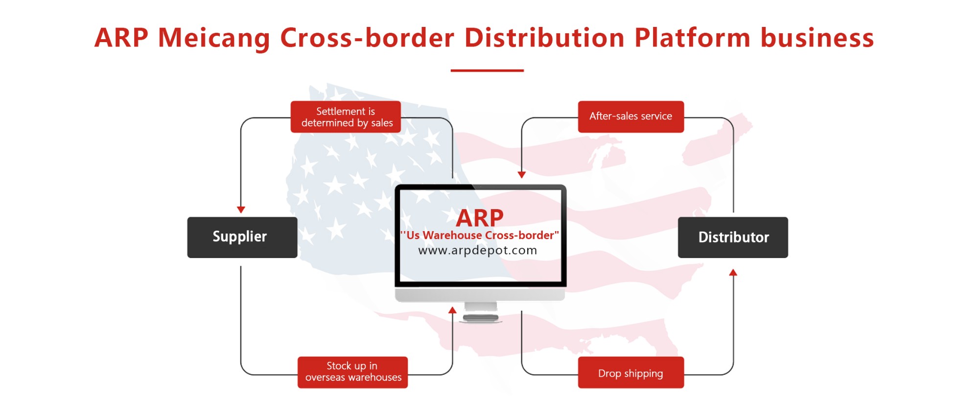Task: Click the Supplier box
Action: pyautogui.click(x=242, y=237)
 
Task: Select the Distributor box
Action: pyautogui.click(x=733, y=237)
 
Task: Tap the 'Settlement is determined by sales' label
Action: pyautogui.click(x=346, y=117)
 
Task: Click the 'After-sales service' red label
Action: pyautogui.click(x=631, y=117)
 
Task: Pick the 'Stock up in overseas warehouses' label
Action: pyautogui.click(x=352, y=372)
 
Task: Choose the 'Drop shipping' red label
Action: pyautogui.click(x=631, y=373)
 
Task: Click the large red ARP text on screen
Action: pyautogui.click(x=480, y=218)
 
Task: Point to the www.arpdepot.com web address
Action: pyautogui.click(x=478, y=250)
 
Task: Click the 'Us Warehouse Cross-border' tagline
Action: pyautogui.click(x=480, y=235)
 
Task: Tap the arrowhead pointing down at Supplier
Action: pyautogui.click(x=241, y=210)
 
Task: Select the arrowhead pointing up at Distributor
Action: pyautogui.click(x=733, y=272)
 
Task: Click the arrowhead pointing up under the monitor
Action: pyautogui.click(x=452, y=310)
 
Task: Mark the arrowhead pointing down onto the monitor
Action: pyautogui.click(x=522, y=174)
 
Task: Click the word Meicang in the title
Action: pyautogui.click(x=214, y=38)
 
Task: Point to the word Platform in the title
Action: pyautogui.click(x=692, y=37)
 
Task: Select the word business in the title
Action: pyautogui.click(x=817, y=37)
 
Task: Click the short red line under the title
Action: pyautogui.click(x=487, y=71)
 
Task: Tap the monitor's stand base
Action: pyautogui.click(x=481, y=318)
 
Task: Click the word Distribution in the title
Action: pyautogui.click(x=544, y=37)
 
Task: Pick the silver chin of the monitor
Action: pyautogui.click(x=480, y=295)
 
